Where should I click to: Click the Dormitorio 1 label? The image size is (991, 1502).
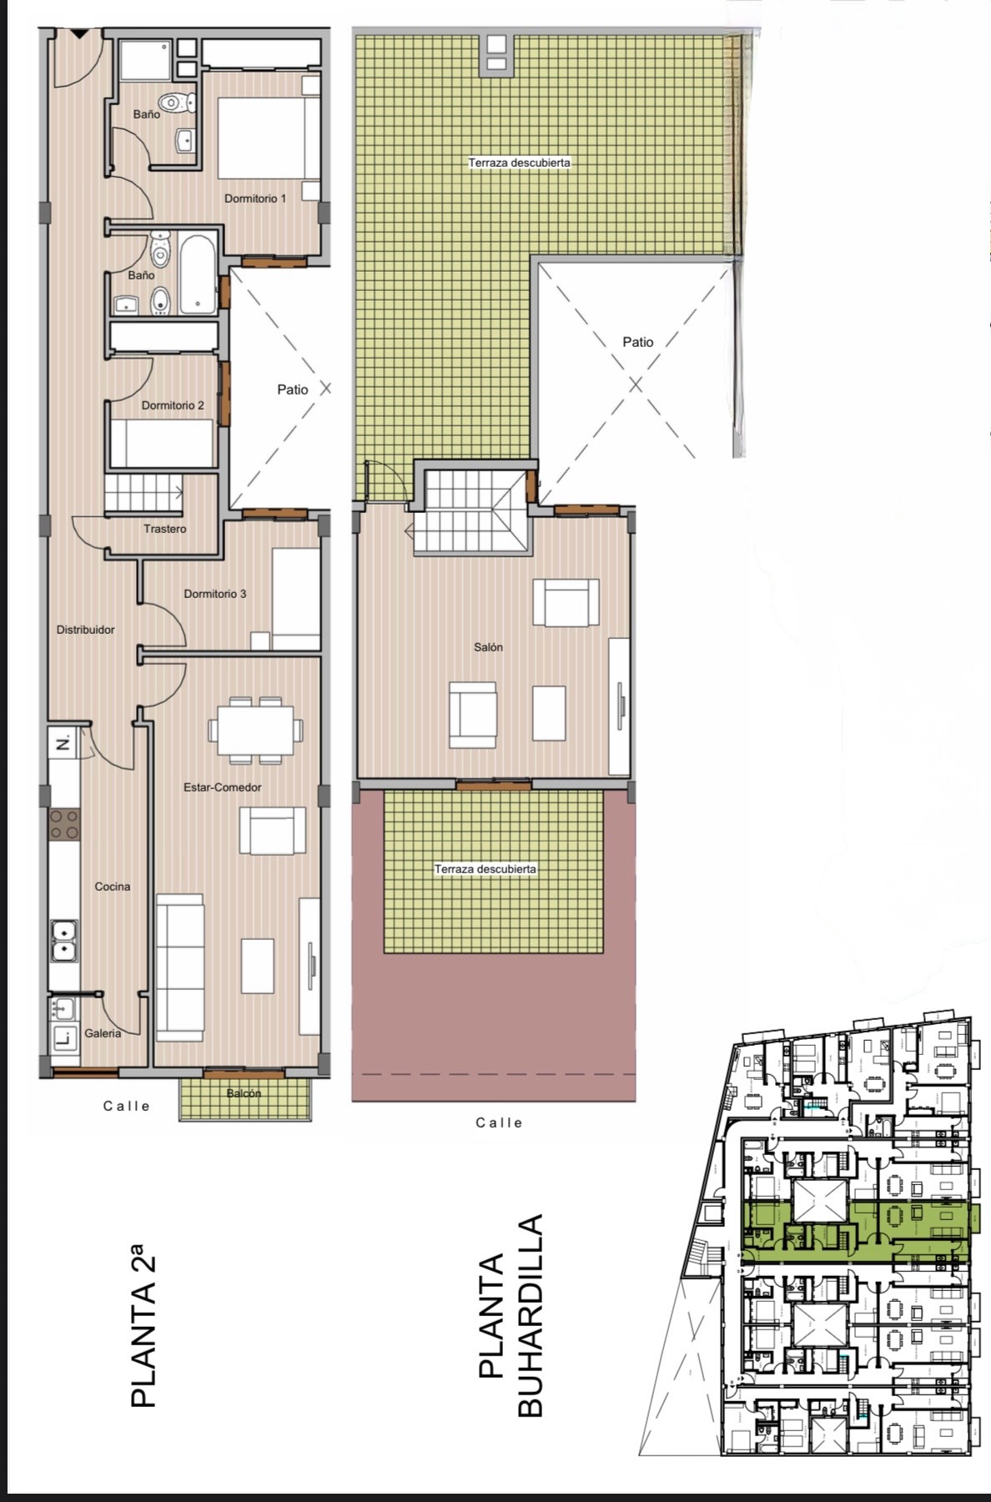255,198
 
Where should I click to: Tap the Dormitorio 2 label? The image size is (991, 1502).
173,405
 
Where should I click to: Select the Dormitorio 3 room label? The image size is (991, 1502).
215,594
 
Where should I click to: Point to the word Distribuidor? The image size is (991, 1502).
86,630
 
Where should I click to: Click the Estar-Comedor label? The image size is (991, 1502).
223,787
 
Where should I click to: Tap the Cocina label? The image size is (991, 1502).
113,887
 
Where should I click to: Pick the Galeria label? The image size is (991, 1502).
103,1033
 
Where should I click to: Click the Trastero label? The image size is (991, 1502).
165,529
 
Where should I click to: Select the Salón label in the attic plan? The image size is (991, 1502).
489,647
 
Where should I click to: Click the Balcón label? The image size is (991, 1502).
244,1093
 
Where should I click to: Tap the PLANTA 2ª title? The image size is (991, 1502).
143,1325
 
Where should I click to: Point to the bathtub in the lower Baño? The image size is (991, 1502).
197,272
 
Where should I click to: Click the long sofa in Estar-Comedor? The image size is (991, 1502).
180,964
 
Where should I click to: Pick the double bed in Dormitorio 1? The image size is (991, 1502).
268,138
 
